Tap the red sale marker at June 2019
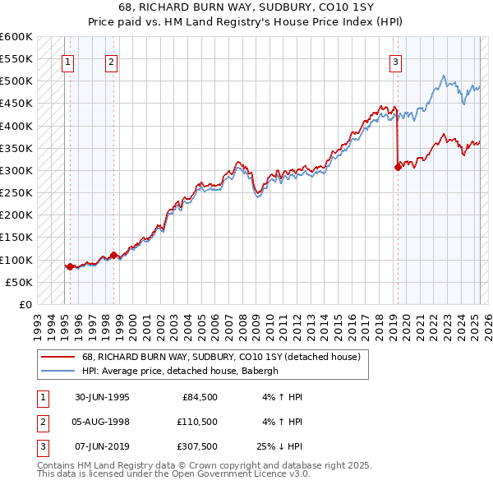tap(398, 167)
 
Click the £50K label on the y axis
tap(19, 282)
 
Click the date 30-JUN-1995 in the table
tap(102, 397)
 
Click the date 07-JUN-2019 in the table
tap(102, 446)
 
